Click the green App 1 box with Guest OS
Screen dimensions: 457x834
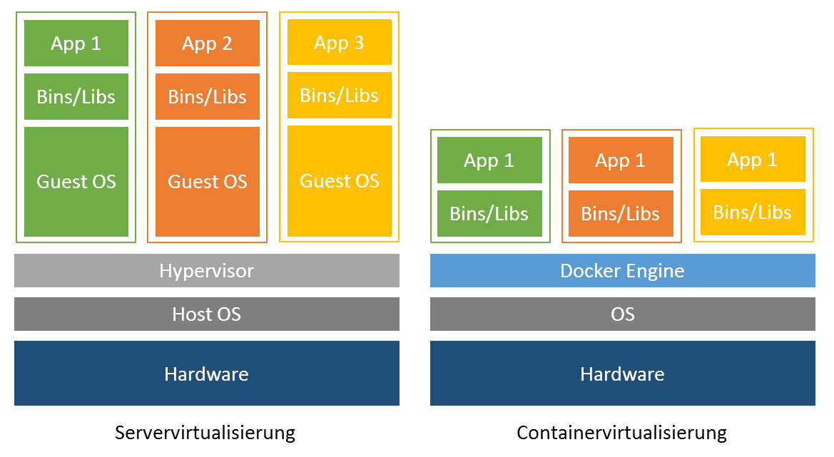click(76, 43)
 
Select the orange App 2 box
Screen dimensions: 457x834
click(208, 43)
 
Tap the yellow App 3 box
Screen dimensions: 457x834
click(340, 43)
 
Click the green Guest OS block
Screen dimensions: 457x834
click(76, 182)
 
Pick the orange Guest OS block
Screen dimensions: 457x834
click(208, 182)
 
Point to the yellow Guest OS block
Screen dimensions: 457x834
click(340, 181)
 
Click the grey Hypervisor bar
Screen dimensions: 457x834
click(207, 271)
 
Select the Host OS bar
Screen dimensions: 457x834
click(207, 314)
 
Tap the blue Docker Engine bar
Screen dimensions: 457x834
click(622, 271)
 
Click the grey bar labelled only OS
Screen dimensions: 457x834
click(622, 314)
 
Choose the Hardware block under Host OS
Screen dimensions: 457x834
click(207, 374)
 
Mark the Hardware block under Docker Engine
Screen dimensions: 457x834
click(622, 374)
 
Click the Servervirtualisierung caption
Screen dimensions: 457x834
click(205, 433)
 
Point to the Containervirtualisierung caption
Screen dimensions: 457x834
click(621, 433)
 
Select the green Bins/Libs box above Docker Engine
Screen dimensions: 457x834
click(489, 213)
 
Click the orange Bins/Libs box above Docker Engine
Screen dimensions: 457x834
click(621, 213)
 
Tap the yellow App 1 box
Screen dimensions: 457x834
click(753, 160)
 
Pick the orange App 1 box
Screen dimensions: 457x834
click(621, 160)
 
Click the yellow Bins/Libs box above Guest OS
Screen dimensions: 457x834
click(340, 96)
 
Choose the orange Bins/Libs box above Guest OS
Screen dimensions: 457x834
click(208, 97)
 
